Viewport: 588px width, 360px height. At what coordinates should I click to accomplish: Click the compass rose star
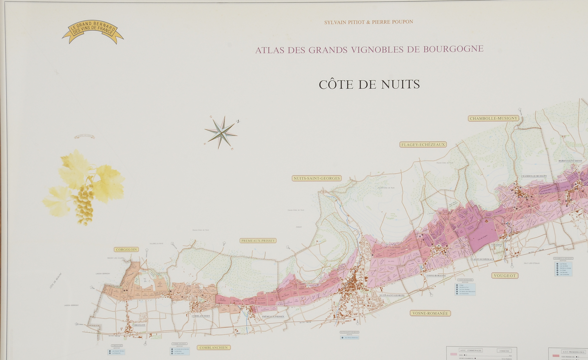click(221, 133)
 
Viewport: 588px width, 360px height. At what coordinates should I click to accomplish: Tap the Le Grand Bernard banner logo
click(93, 31)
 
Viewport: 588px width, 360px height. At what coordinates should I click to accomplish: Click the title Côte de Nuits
click(369, 85)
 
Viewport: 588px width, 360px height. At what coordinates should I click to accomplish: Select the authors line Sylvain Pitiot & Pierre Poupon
click(369, 22)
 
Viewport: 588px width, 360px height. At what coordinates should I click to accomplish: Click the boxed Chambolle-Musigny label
click(493, 118)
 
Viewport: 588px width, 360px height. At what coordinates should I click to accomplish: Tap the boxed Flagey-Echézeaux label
click(423, 145)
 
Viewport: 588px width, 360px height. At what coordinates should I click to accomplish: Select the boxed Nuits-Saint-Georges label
click(317, 178)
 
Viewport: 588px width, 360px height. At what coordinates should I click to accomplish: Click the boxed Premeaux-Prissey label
click(258, 241)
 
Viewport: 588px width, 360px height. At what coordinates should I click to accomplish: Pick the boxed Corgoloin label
click(126, 250)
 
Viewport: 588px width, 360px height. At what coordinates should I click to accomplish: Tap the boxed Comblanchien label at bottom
click(214, 348)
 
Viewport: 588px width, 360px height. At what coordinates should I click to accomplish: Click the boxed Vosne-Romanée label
click(430, 313)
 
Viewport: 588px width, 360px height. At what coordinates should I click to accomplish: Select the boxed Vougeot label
click(505, 276)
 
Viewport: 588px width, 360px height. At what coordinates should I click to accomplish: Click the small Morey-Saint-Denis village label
click(570, 161)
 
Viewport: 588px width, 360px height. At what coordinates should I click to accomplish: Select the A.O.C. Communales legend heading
click(470, 351)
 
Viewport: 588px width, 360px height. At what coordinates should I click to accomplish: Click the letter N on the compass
click(238, 121)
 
